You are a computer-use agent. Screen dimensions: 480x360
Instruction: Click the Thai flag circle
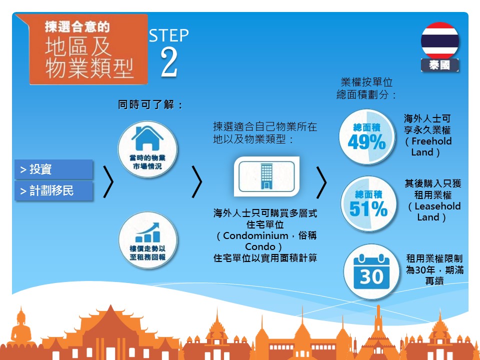[439, 40]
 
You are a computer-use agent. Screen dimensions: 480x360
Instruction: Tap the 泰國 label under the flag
[439, 65]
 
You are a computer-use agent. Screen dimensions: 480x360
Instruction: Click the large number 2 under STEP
[169, 62]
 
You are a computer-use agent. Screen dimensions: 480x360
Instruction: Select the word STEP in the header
[169, 36]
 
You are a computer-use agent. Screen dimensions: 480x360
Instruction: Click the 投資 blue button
[53, 169]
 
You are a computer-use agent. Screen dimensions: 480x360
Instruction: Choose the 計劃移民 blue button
[53, 190]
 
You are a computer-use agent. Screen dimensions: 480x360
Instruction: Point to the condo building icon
[266, 176]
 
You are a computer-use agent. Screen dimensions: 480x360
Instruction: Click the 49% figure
[366, 142]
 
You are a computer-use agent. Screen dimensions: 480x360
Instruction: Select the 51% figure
[368, 209]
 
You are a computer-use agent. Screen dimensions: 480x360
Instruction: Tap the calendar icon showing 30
[371, 272]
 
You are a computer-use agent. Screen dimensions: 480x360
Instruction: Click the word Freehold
[431, 141]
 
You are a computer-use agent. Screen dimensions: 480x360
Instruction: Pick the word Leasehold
[437, 206]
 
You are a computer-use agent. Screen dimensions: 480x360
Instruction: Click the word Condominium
[255, 235]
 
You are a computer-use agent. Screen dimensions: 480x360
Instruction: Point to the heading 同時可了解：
[150, 104]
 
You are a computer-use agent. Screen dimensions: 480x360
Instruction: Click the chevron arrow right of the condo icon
[321, 182]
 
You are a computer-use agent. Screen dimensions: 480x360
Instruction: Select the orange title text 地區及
[78, 47]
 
